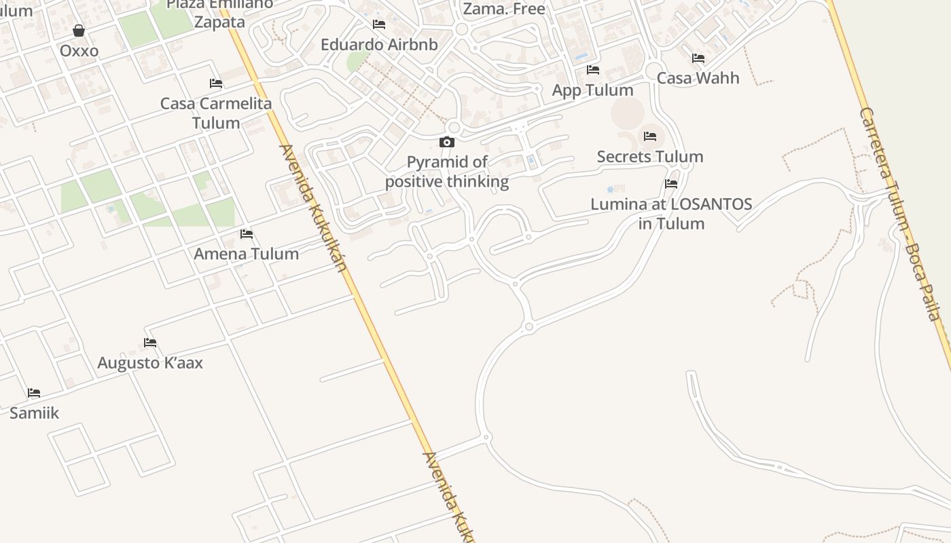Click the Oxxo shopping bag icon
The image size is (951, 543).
[x=79, y=31]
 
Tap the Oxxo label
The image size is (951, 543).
[x=79, y=51]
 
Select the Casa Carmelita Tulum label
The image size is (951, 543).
[x=216, y=113]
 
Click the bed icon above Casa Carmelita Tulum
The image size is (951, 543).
[x=216, y=83]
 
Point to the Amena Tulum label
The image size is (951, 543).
[x=246, y=254]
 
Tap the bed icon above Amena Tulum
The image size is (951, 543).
[x=247, y=234]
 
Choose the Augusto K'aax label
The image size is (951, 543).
[x=150, y=362]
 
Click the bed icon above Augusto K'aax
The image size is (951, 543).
[x=150, y=343]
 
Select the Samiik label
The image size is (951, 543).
[x=34, y=413]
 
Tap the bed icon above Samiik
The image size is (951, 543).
[x=34, y=393]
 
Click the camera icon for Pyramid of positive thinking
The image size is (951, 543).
[x=447, y=142]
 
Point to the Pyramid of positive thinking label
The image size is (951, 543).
[x=447, y=172]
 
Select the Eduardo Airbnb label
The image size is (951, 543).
[x=379, y=45]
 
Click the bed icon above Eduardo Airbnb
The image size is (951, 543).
[x=379, y=24]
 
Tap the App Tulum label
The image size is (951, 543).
[x=592, y=90]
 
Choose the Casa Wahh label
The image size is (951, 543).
[x=698, y=78]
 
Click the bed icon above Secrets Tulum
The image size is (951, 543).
[x=650, y=136]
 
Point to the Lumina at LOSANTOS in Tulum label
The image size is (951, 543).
[x=671, y=214]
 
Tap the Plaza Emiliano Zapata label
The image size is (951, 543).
[x=219, y=13]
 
